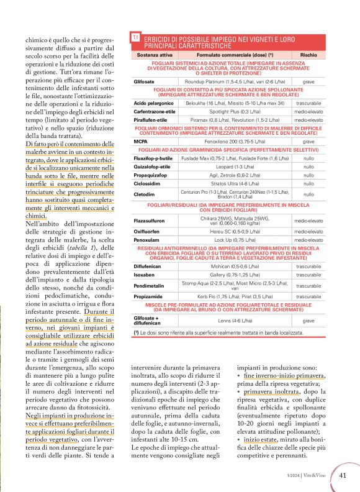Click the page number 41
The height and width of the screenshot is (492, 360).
pos(343,475)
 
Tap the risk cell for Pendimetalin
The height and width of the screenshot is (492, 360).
pos(308,286)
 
